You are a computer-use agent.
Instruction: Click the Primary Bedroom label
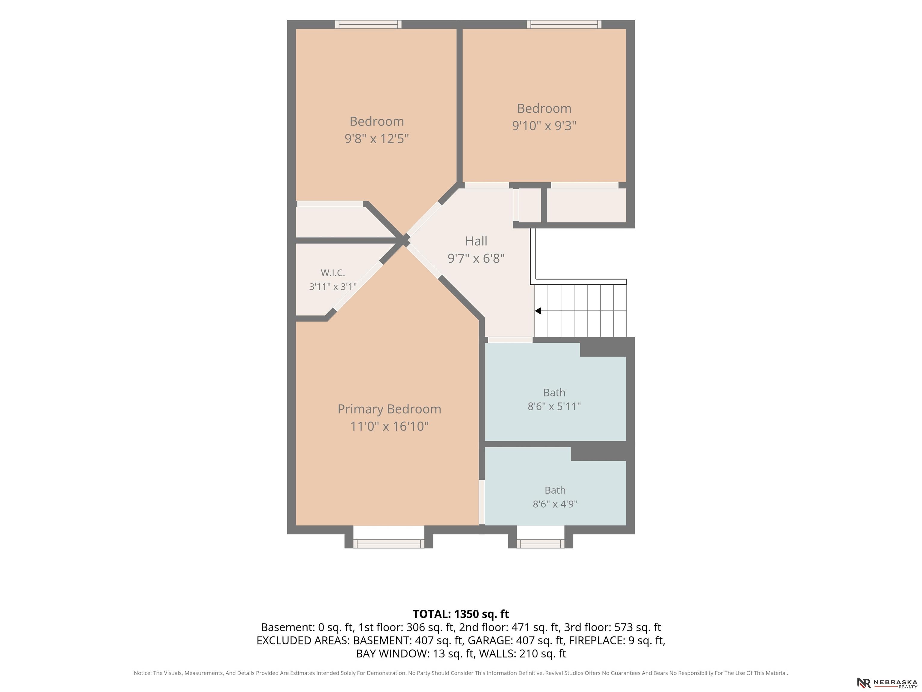pos(389,409)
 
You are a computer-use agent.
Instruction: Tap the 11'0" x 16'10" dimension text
pos(389,426)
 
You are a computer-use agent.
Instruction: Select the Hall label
pos(476,241)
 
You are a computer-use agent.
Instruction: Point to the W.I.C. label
pos(333,273)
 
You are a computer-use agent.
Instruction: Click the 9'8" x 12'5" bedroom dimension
pos(376,138)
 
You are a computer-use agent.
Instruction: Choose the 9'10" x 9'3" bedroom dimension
pos(544,126)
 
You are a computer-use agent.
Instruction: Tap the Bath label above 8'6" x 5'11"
pos(554,393)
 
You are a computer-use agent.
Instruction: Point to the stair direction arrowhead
pos(538,311)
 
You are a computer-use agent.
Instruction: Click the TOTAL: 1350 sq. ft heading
pos(461,614)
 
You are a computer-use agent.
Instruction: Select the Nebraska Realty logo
pos(887,683)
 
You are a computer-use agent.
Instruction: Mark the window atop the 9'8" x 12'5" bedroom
pos(369,24)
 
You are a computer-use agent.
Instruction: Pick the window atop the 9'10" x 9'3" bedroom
pos(564,24)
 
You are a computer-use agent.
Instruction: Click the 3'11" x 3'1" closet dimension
pos(333,287)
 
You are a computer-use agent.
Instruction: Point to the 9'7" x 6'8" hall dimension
pos(476,259)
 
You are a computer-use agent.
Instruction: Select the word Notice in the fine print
pos(143,673)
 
